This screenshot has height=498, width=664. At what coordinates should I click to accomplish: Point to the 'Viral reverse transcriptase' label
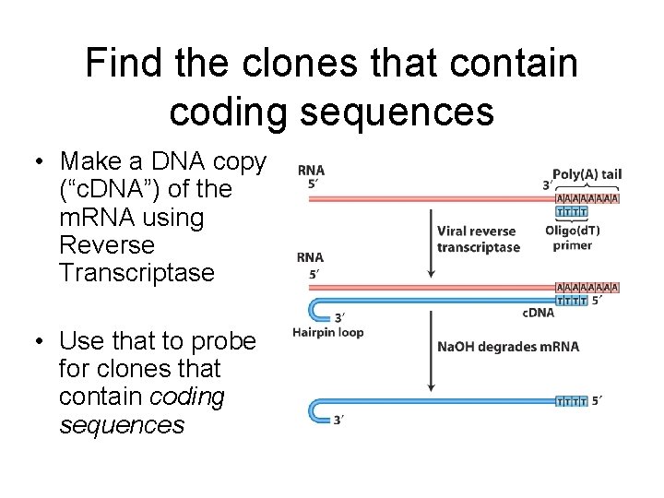(477, 239)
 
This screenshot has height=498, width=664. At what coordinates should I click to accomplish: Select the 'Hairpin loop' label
(327, 332)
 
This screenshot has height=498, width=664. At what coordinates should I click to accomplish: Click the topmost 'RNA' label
(311, 171)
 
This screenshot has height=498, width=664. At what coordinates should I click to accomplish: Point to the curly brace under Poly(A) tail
(587, 187)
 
